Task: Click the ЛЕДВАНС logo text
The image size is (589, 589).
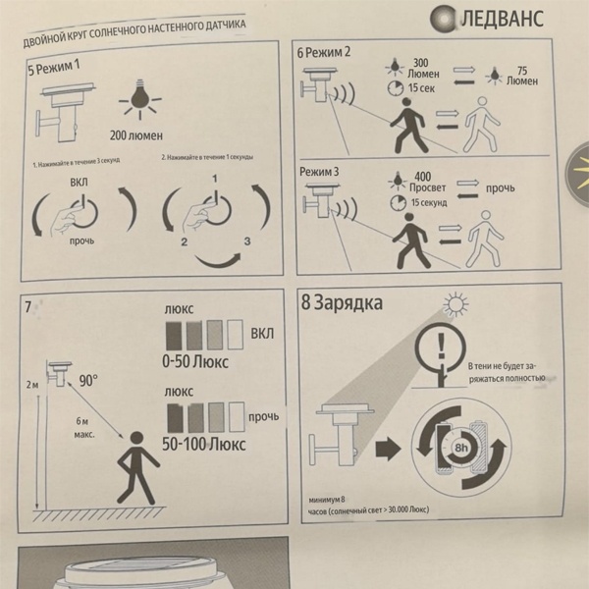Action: click(x=502, y=19)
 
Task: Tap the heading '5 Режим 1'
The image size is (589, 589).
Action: click(x=54, y=67)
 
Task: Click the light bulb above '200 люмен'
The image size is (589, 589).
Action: click(x=140, y=99)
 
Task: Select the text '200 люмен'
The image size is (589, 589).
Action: click(x=136, y=135)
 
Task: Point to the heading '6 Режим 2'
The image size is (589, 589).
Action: click(x=323, y=52)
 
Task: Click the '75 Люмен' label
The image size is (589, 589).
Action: click(x=522, y=76)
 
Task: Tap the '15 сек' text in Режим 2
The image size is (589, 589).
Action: click(x=421, y=88)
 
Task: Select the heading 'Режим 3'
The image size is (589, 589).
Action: click(x=319, y=172)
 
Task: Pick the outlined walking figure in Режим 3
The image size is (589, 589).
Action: click(x=485, y=239)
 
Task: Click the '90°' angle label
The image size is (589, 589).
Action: click(x=88, y=381)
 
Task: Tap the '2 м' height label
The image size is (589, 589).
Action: click(x=32, y=385)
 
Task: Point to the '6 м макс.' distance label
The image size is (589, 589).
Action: click(x=84, y=428)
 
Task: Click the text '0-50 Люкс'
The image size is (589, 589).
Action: click(x=195, y=361)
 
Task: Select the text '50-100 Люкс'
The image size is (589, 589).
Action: click(x=204, y=444)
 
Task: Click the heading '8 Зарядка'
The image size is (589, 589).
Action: click(x=342, y=302)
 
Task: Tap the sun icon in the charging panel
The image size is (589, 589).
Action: click(x=455, y=304)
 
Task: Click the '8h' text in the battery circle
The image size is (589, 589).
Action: click(x=461, y=448)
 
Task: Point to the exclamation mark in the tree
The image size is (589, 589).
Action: click(x=442, y=347)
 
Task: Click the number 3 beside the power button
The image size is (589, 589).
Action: click(x=247, y=241)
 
